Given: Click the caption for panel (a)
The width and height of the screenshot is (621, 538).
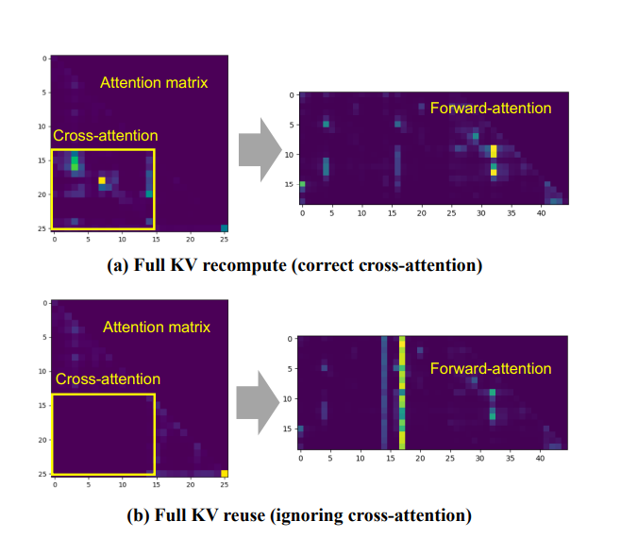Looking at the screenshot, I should pos(308,265).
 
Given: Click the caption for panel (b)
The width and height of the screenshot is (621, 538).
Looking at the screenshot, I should pos(308,515).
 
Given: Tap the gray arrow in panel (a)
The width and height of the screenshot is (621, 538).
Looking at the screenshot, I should pos(260,147).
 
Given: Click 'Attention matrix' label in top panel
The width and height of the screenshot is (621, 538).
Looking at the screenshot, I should pos(154,82).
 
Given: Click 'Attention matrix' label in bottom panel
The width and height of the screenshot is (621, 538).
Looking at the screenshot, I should pos(157,328).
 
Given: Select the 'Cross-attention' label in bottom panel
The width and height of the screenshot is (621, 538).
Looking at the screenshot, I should pos(108,379).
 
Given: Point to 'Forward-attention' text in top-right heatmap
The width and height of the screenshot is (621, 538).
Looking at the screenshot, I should pos(490,108).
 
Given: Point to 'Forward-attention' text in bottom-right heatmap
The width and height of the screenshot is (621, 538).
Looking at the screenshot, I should pos(490,367).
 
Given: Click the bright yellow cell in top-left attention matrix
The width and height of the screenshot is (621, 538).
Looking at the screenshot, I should pos(102,180).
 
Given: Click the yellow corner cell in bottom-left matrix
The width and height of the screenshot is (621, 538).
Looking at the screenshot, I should pos(225,473).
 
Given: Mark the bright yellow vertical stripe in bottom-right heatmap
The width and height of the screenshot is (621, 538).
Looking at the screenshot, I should pos(402,393).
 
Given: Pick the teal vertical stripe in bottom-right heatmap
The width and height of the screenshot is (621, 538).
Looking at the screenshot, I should pos(384,393).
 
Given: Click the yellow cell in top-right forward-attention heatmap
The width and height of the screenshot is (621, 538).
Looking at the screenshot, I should pos(494,151).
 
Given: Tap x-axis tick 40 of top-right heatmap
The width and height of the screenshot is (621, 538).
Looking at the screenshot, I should pos(541,213).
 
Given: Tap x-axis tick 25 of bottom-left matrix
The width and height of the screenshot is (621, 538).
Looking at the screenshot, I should pos(225,484).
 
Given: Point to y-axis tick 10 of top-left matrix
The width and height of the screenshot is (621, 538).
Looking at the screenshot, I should pos(42,126).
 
